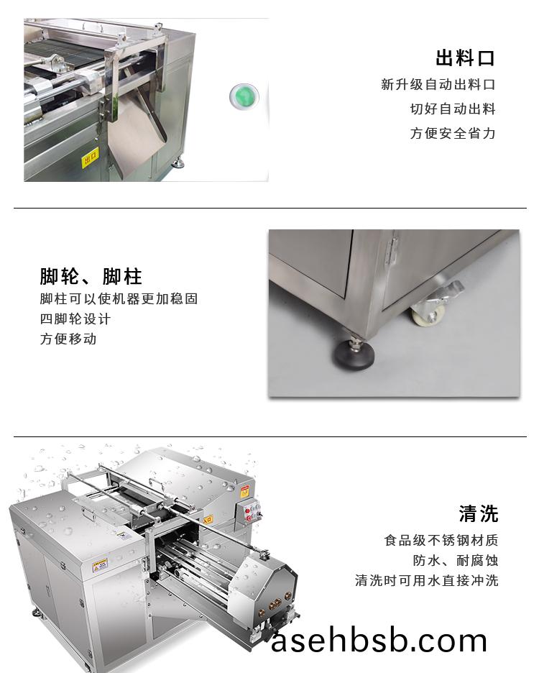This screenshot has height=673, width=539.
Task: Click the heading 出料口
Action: (465, 58)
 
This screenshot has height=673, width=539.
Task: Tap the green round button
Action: (244, 96)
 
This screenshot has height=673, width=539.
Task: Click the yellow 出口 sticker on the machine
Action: (90, 157)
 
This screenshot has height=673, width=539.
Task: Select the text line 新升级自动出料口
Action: (438, 85)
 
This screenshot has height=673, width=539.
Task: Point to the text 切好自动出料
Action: (453, 109)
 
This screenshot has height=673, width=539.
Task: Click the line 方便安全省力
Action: (453, 133)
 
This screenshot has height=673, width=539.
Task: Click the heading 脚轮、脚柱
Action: (91, 276)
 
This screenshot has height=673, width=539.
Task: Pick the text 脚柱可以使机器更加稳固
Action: (119, 298)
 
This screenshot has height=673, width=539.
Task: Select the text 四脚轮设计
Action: (75, 319)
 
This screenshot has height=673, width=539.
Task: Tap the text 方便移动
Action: (68, 339)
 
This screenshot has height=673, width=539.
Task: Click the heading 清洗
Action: (479, 514)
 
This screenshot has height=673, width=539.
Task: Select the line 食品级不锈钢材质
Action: (441, 540)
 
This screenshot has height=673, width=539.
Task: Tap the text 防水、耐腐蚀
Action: (456, 560)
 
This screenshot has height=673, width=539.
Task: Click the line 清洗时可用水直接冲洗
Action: (427, 580)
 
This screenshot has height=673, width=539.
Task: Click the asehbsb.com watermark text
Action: (379, 641)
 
